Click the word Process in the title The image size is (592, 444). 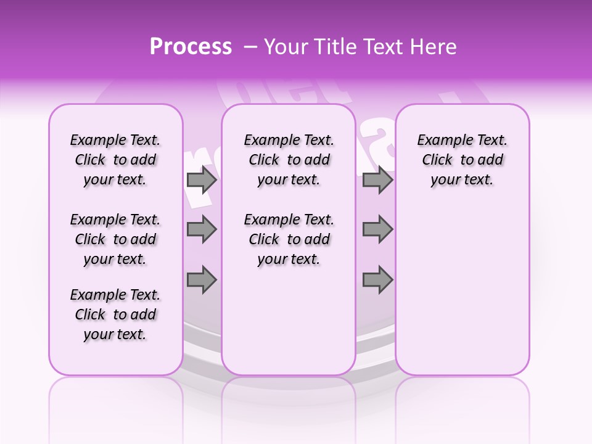191,47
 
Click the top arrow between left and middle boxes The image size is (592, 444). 202,180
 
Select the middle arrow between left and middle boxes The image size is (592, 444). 202,229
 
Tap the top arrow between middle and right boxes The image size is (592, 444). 377,180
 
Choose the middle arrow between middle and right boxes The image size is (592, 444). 377,229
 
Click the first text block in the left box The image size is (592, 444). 115,160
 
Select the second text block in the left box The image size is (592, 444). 115,239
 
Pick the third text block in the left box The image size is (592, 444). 115,314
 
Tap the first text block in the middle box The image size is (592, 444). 289,160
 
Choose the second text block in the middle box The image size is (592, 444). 289,239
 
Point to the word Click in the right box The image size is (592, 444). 437,160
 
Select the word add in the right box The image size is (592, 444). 491,160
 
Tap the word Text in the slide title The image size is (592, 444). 382,47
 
